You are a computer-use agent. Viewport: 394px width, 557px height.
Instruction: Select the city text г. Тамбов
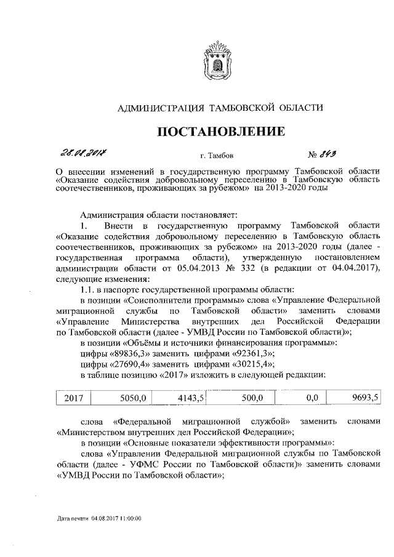[x=215, y=156]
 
